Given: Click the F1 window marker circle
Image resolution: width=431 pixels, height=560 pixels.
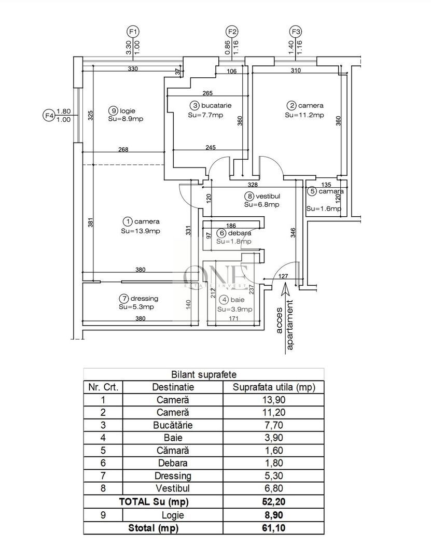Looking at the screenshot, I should pos(133,31).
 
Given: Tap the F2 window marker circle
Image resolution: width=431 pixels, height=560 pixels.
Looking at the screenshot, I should pos(231,31).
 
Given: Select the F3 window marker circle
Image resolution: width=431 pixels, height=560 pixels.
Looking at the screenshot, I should pos(296,31).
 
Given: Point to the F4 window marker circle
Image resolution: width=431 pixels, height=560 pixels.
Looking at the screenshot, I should pos(49,116).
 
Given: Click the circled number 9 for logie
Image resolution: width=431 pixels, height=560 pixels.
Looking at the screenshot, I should pos(113,110).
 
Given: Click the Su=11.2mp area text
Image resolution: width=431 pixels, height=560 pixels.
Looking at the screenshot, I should pos(304,115).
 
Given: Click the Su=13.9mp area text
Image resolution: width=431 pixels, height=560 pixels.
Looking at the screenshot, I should pos(141,231).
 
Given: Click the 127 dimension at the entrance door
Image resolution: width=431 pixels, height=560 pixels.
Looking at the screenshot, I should pos(283,276).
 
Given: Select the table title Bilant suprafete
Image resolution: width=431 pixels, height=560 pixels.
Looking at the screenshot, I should pos(203,374).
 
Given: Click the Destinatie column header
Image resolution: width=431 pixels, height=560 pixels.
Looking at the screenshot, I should pos(173,387).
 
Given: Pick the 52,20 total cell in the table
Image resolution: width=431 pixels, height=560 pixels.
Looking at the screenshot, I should pos(273,501).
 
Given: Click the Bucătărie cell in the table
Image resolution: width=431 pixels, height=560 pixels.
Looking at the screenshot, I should pos(173,425).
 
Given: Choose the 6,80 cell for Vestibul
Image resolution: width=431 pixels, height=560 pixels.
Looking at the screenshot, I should pos(273,488).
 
